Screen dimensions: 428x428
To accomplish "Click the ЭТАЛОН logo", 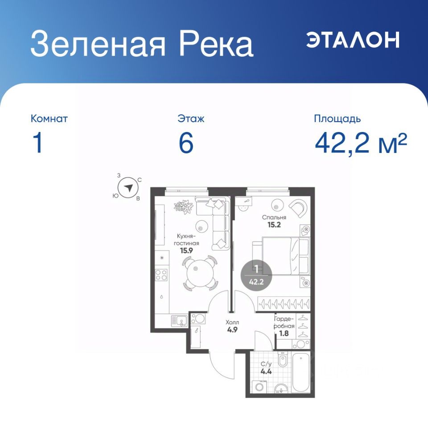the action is (x=353, y=40).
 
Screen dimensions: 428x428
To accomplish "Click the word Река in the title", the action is (x=216, y=43).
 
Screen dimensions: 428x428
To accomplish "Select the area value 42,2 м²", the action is (x=361, y=144).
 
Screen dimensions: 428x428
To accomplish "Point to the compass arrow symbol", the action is (x=128, y=188).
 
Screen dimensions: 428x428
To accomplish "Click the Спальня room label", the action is (x=274, y=217).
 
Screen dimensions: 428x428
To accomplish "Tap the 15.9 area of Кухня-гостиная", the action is (x=186, y=250).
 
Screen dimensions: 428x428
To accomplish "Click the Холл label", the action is (x=232, y=322).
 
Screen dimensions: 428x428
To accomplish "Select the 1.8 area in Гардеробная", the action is (x=284, y=333).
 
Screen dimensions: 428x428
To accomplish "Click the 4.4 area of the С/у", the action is (x=266, y=371).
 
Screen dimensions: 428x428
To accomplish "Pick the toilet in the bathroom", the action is (x=282, y=359).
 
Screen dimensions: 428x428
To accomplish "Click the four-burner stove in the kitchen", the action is (x=161, y=275).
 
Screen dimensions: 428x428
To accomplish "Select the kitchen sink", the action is (x=179, y=321).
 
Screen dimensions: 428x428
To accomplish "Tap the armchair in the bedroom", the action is (x=298, y=208).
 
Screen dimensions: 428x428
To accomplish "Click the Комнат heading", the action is (x=49, y=119).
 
